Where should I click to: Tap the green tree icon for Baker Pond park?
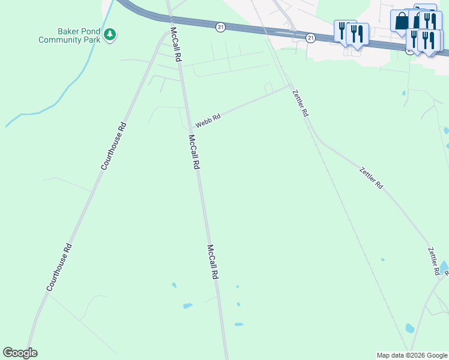(x=109, y=35)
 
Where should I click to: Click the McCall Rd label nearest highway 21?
(x=175, y=45)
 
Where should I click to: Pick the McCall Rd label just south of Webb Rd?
(x=193, y=152)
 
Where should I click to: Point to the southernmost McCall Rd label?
(x=212, y=262)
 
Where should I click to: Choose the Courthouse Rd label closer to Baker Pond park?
(x=113, y=146)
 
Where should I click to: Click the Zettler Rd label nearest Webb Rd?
(x=300, y=103)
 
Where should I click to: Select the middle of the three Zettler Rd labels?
(x=371, y=178)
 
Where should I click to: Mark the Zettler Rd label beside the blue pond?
(x=433, y=261)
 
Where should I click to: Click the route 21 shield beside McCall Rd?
(x=220, y=27)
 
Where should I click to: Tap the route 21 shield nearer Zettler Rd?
(x=310, y=38)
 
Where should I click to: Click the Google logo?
(x=20, y=353)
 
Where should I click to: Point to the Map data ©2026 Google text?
(x=412, y=355)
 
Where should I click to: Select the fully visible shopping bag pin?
(x=400, y=22)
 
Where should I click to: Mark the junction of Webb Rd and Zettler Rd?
(x=289, y=86)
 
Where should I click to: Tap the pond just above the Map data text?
(x=410, y=328)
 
